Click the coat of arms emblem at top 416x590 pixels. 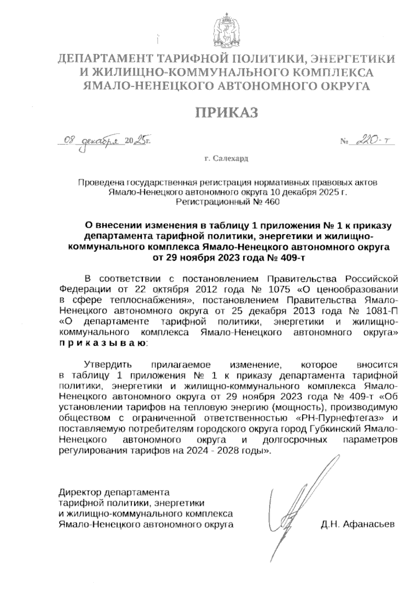click(x=226, y=30)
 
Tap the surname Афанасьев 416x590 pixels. click(x=369, y=524)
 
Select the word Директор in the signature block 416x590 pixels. click(x=80, y=492)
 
